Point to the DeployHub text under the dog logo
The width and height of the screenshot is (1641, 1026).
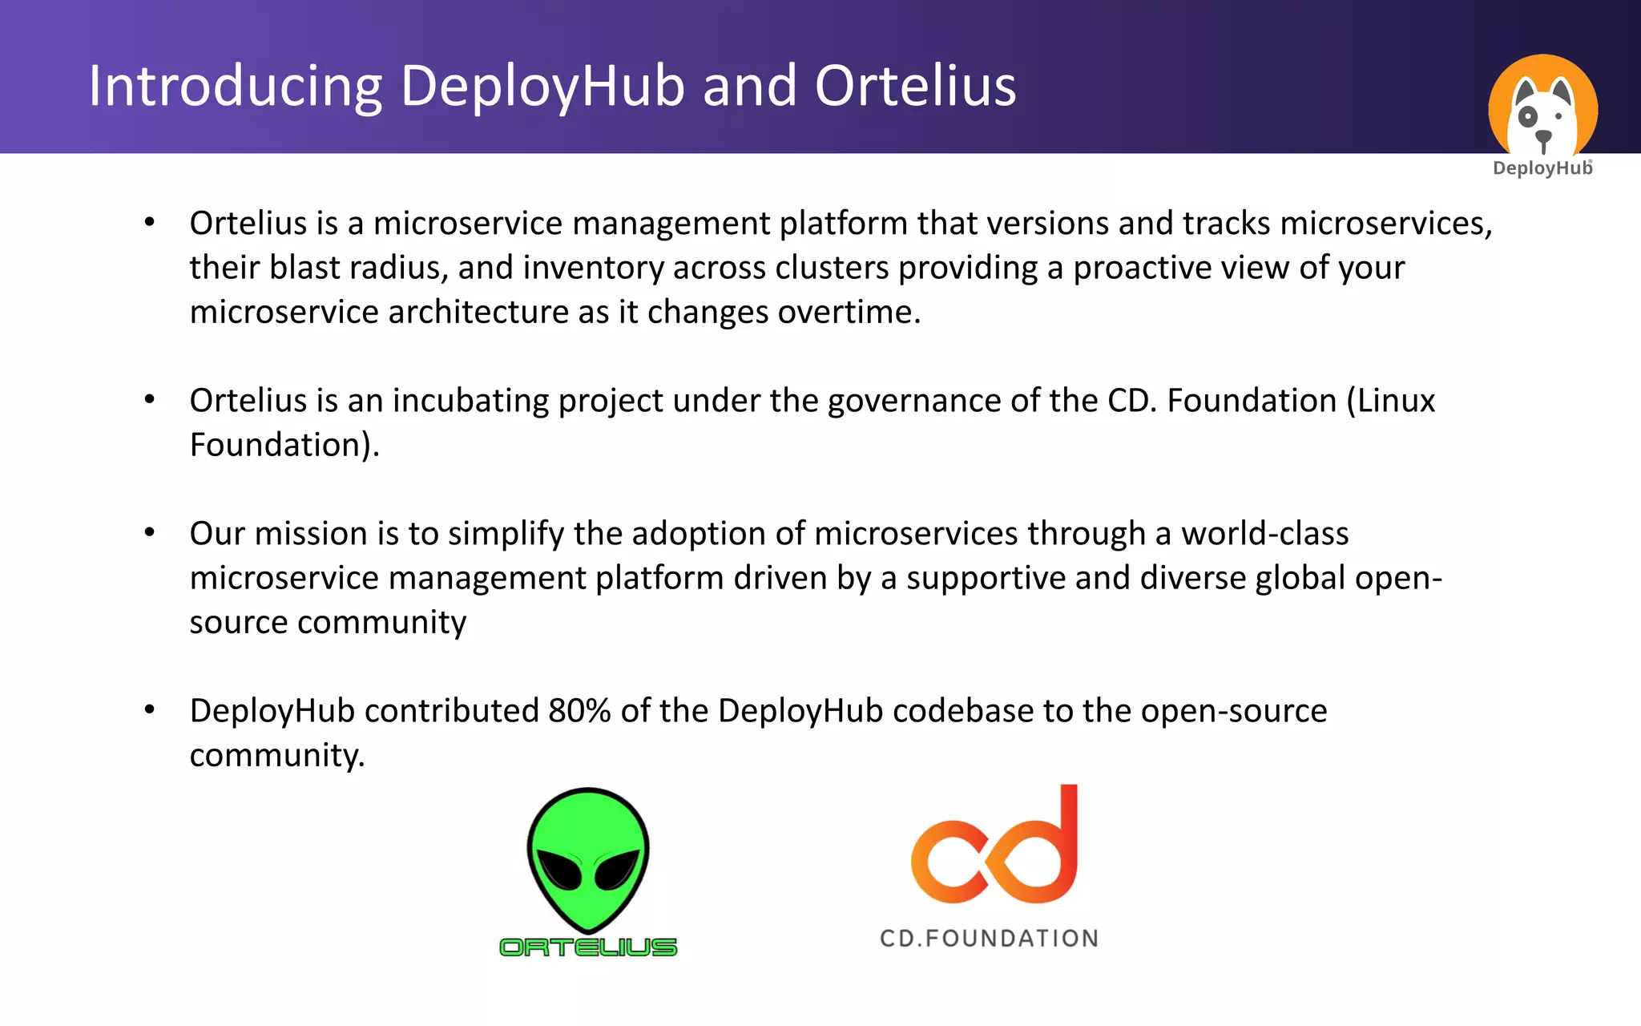1542,168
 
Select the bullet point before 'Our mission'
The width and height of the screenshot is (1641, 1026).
149,533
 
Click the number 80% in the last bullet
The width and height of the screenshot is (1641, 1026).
579,711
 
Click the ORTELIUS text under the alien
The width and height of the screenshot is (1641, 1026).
588,947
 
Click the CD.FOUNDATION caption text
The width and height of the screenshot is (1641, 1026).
989,939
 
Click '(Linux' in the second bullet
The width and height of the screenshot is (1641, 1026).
1390,401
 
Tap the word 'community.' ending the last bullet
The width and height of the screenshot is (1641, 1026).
277,756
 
